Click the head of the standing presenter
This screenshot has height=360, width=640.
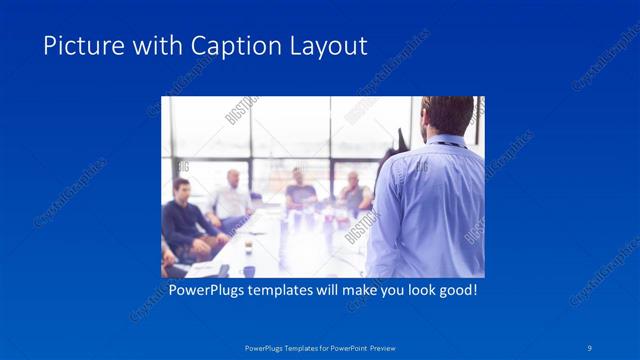pos(446,115)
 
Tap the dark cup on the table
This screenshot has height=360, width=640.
pos(249,270)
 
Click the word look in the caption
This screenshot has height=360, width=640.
pos(409,292)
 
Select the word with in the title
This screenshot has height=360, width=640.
pos(145,46)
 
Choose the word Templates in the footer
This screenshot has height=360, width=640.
pos(294,347)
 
